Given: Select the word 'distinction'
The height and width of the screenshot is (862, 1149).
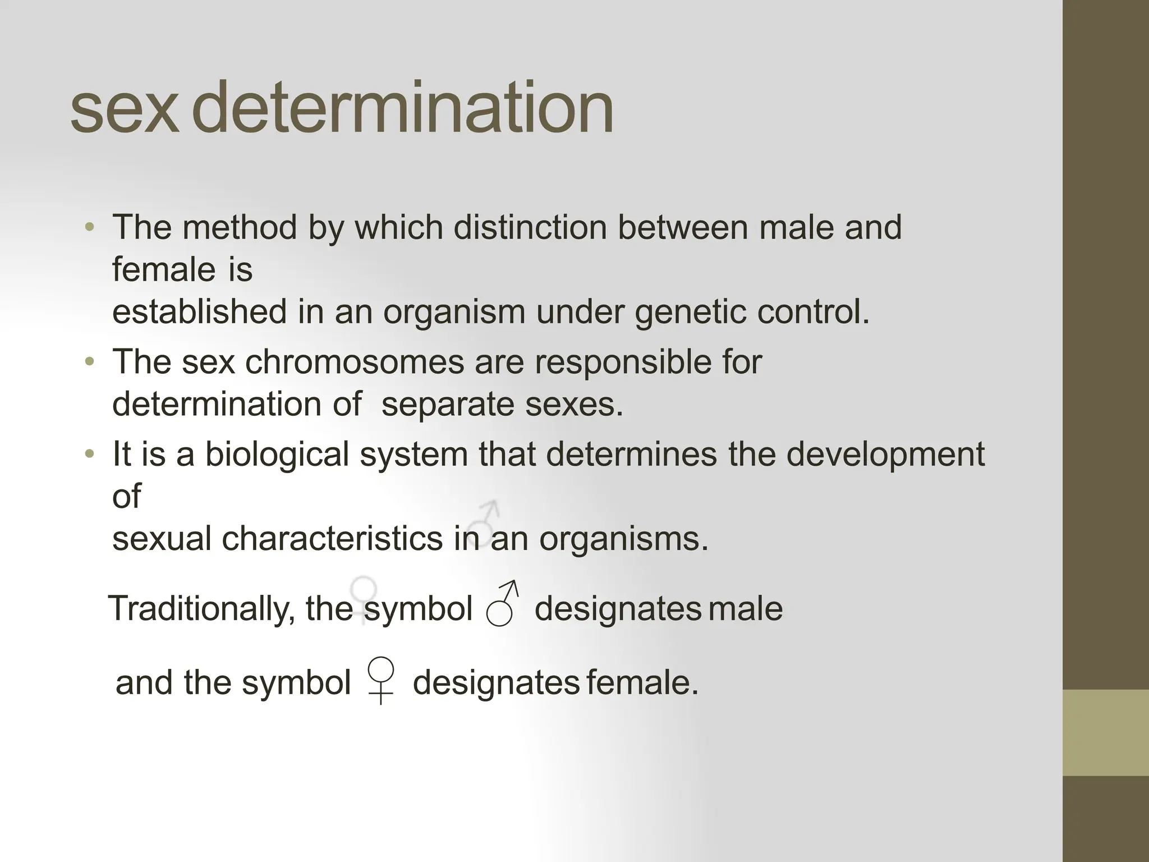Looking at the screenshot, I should pyautogui.click(x=530, y=227).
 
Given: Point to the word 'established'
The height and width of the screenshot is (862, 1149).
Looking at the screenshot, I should pyautogui.click(x=199, y=311).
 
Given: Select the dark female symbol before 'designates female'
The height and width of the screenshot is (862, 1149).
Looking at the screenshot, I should pyautogui.click(x=380, y=680).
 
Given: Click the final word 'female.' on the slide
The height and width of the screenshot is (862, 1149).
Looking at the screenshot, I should pyautogui.click(x=642, y=683).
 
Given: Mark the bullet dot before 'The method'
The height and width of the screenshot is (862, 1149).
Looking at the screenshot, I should pyautogui.click(x=89, y=227).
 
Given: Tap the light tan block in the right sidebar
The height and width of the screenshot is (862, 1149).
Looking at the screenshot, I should pyautogui.click(x=1106, y=732).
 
